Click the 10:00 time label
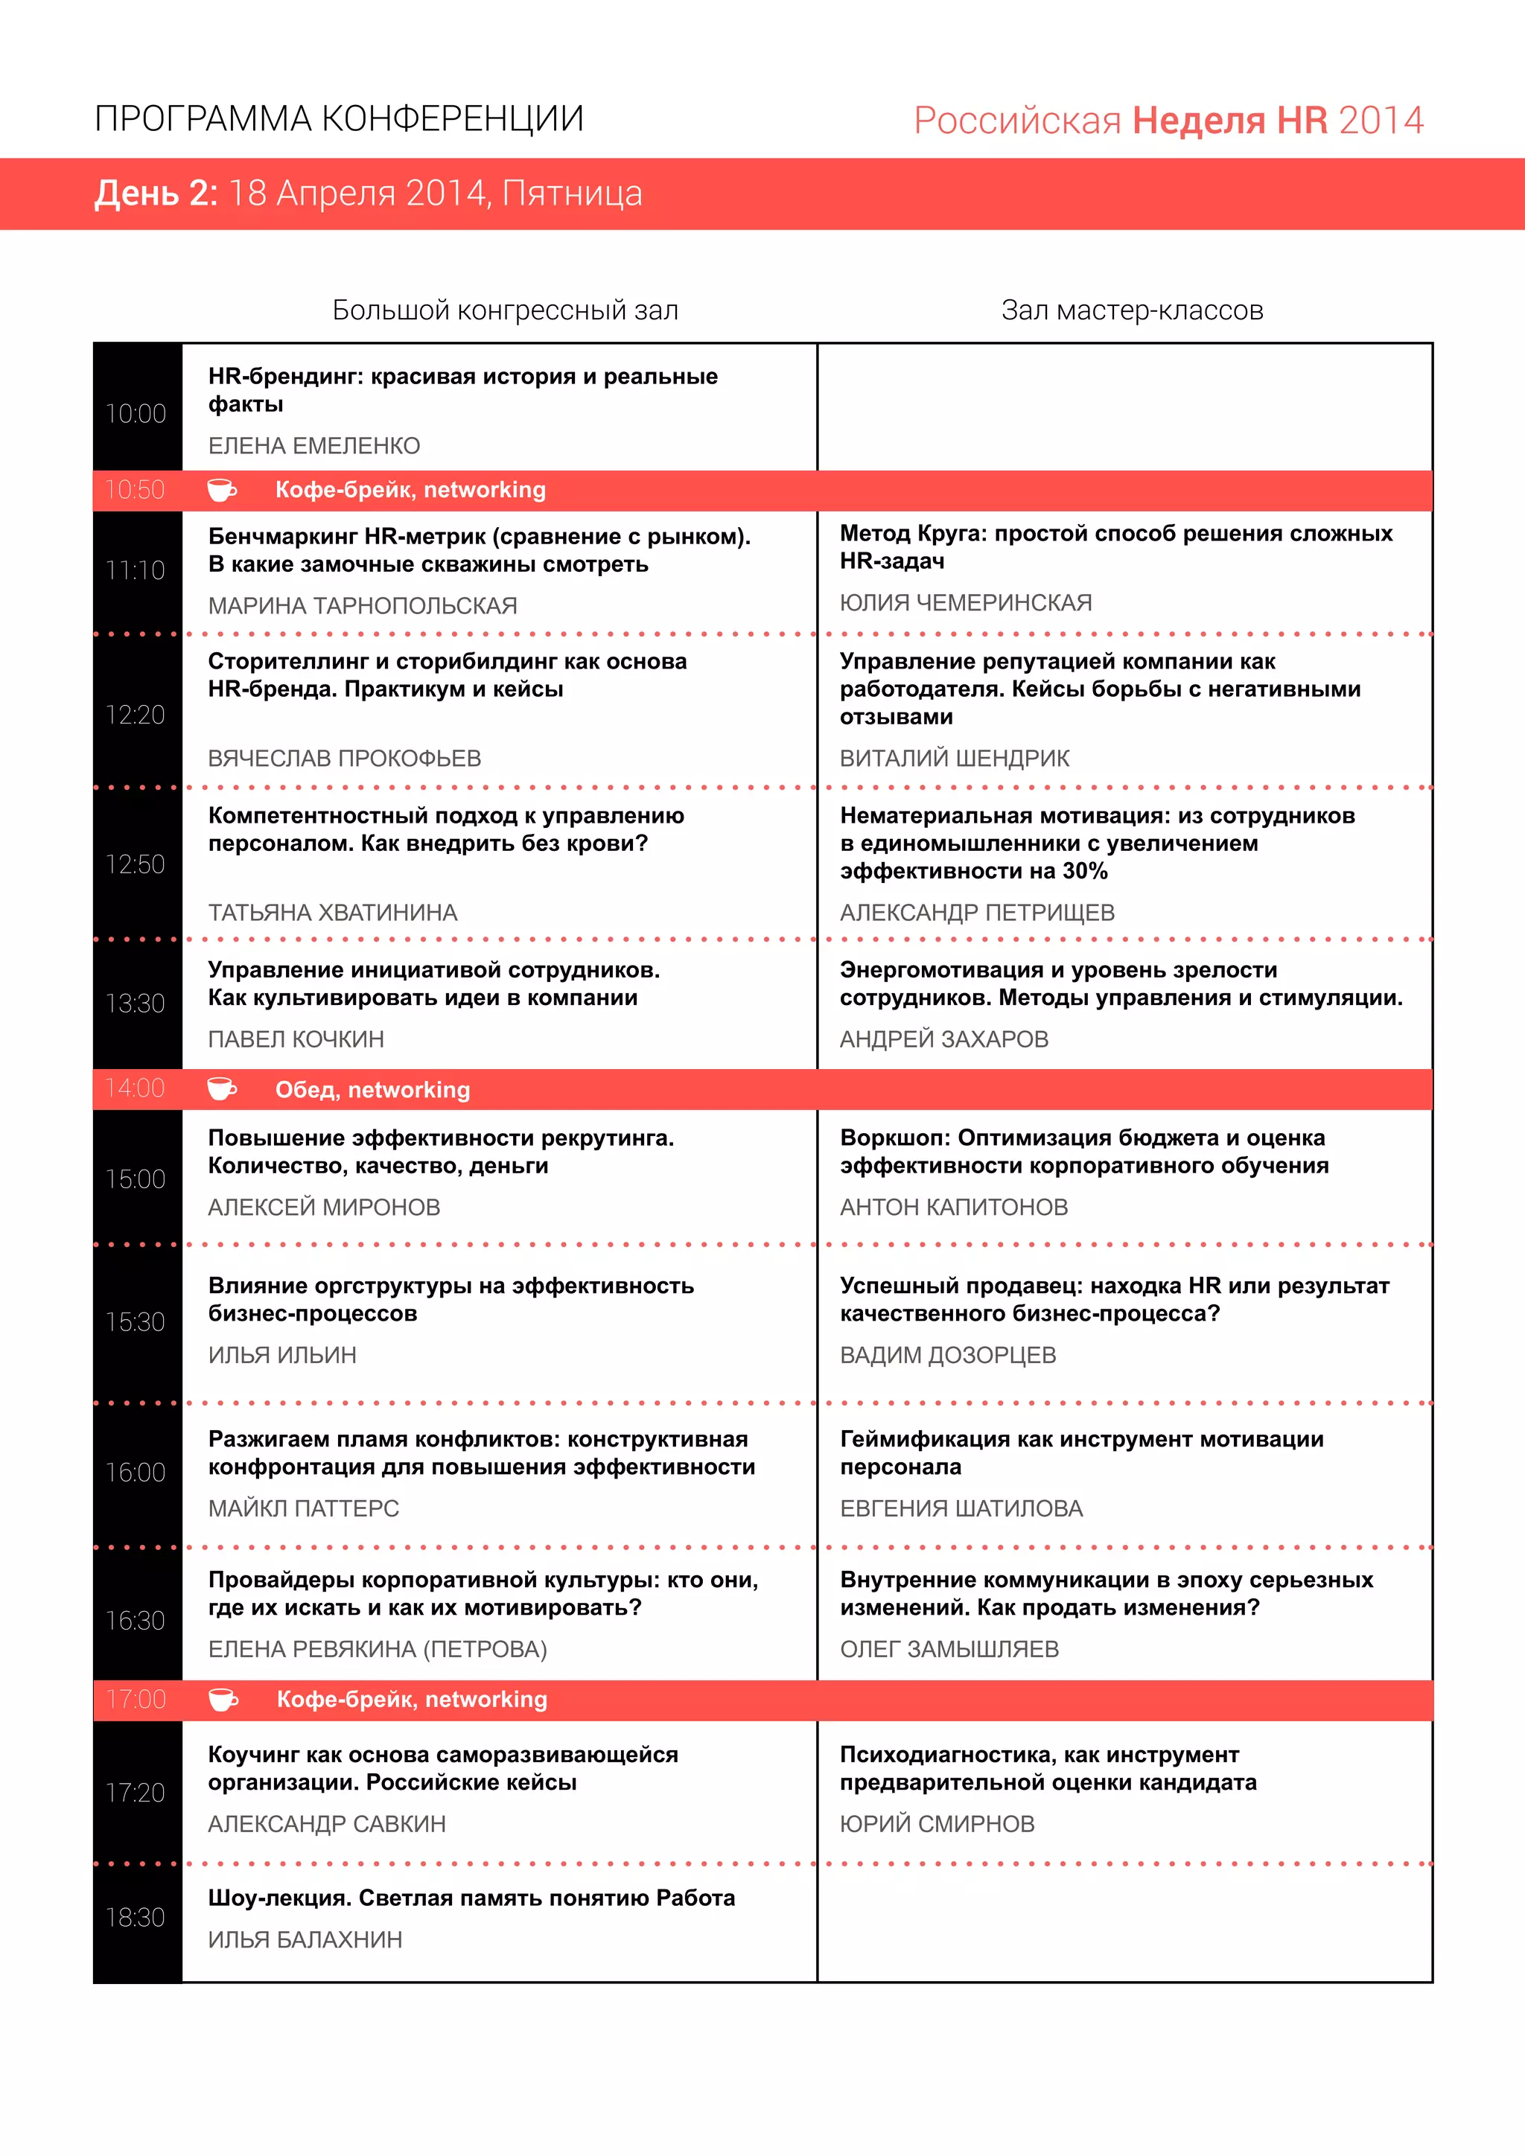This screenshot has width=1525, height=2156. (x=136, y=413)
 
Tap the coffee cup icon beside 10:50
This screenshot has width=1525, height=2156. (x=222, y=489)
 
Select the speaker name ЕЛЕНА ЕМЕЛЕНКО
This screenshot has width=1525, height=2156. (x=313, y=446)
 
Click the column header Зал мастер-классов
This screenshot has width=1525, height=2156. (x=1132, y=310)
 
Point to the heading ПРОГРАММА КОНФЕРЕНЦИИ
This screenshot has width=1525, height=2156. (x=339, y=119)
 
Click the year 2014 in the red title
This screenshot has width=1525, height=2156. (x=1381, y=121)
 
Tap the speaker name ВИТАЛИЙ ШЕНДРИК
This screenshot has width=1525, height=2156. (x=954, y=758)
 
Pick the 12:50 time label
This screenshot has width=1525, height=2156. (x=136, y=864)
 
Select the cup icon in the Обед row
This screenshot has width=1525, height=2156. (x=222, y=1088)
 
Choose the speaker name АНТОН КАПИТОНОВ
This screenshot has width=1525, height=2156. (x=953, y=1207)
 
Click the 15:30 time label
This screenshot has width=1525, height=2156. (x=136, y=1322)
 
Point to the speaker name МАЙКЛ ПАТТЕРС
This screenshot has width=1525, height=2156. (x=303, y=1508)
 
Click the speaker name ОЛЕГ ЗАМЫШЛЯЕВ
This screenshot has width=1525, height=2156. (x=949, y=1649)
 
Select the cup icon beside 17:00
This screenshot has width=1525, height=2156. (x=223, y=1699)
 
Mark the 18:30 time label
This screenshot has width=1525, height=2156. (x=136, y=1918)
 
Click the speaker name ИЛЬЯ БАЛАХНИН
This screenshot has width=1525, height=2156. (x=305, y=1939)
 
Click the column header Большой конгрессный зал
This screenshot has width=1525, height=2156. (x=505, y=310)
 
